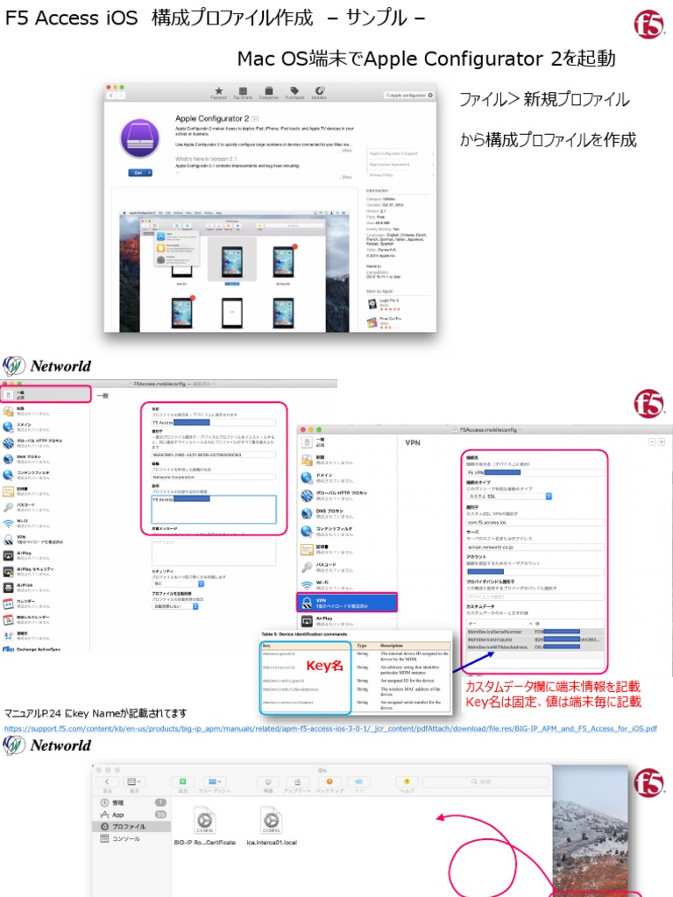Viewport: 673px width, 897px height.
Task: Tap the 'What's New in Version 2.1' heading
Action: tap(209, 159)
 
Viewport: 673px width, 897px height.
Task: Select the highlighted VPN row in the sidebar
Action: tap(347, 602)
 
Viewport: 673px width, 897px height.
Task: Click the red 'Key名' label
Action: tap(325, 666)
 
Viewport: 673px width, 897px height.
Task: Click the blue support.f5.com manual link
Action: tap(331, 728)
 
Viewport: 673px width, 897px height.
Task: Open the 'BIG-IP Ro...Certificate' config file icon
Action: tap(205, 821)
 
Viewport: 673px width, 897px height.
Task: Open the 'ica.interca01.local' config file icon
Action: tap(271, 821)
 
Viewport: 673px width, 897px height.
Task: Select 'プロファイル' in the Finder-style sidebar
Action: tap(128, 826)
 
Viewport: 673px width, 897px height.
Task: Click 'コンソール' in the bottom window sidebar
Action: tap(125, 838)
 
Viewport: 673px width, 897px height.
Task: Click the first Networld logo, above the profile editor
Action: tap(48, 365)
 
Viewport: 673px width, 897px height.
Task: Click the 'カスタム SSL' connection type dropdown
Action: tap(509, 496)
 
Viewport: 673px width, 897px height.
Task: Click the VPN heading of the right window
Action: tap(413, 443)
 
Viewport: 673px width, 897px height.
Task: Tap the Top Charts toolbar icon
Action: tap(243, 91)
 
